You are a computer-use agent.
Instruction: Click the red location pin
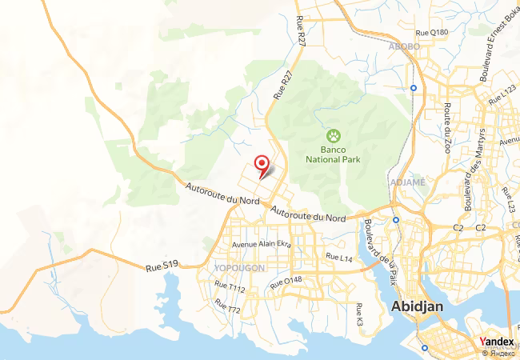coord(262,165)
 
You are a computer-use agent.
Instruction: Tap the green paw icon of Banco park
coord(333,135)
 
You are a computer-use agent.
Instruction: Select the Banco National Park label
coord(334,154)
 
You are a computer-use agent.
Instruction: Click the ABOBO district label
coord(403,46)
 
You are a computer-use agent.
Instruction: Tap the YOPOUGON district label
coord(239,268)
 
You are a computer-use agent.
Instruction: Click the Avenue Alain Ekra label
coord(262,244)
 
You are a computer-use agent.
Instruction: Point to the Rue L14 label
coord(339,258)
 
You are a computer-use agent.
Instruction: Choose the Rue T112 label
coord(230,286)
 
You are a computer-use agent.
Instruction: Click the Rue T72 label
coord(227,306)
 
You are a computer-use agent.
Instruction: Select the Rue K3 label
coord(360,314)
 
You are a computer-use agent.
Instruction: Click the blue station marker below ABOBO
coord(414,87)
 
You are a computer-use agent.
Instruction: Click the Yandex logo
coord(497,342)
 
